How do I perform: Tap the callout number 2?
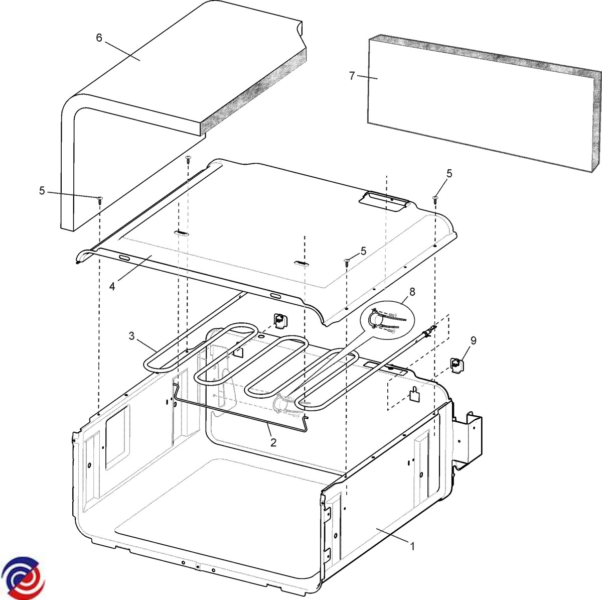point(273,442)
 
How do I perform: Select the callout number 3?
point(131,336)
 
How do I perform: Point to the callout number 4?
point(112,286)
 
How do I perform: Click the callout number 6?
point(99,38)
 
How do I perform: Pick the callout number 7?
point(352,76)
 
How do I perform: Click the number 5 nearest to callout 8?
point(363,250)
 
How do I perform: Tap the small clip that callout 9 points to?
point(457,366)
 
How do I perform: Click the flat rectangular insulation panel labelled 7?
point(482,100)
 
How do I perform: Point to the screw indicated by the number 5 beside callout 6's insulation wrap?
point(99,199)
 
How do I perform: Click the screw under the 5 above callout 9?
point(435,199)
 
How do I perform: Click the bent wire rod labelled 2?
point(241,412)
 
